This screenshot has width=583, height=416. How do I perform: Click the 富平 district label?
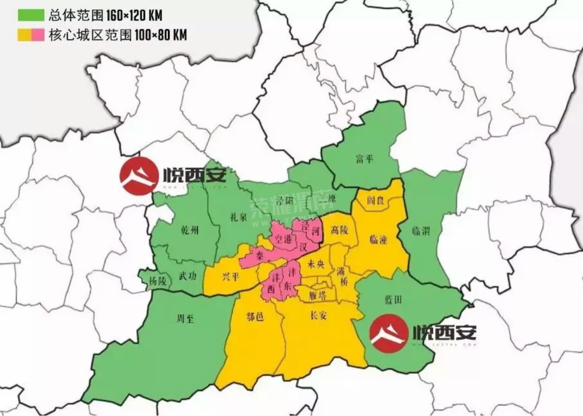click(364, 159)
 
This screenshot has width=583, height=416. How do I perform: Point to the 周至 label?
click(185, 319)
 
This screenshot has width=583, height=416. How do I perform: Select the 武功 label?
click(188, 276)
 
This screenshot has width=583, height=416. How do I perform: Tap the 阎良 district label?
click(374, 201)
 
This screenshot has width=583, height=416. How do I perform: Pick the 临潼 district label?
click(378, 240)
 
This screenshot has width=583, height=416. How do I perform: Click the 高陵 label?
click(339, 231)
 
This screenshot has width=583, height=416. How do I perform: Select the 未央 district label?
click(316, 264)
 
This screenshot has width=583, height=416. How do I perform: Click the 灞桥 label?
click(342, 277)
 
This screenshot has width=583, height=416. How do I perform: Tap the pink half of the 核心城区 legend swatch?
click(38, 35)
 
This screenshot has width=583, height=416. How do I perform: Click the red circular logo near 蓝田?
click(388, 334)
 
